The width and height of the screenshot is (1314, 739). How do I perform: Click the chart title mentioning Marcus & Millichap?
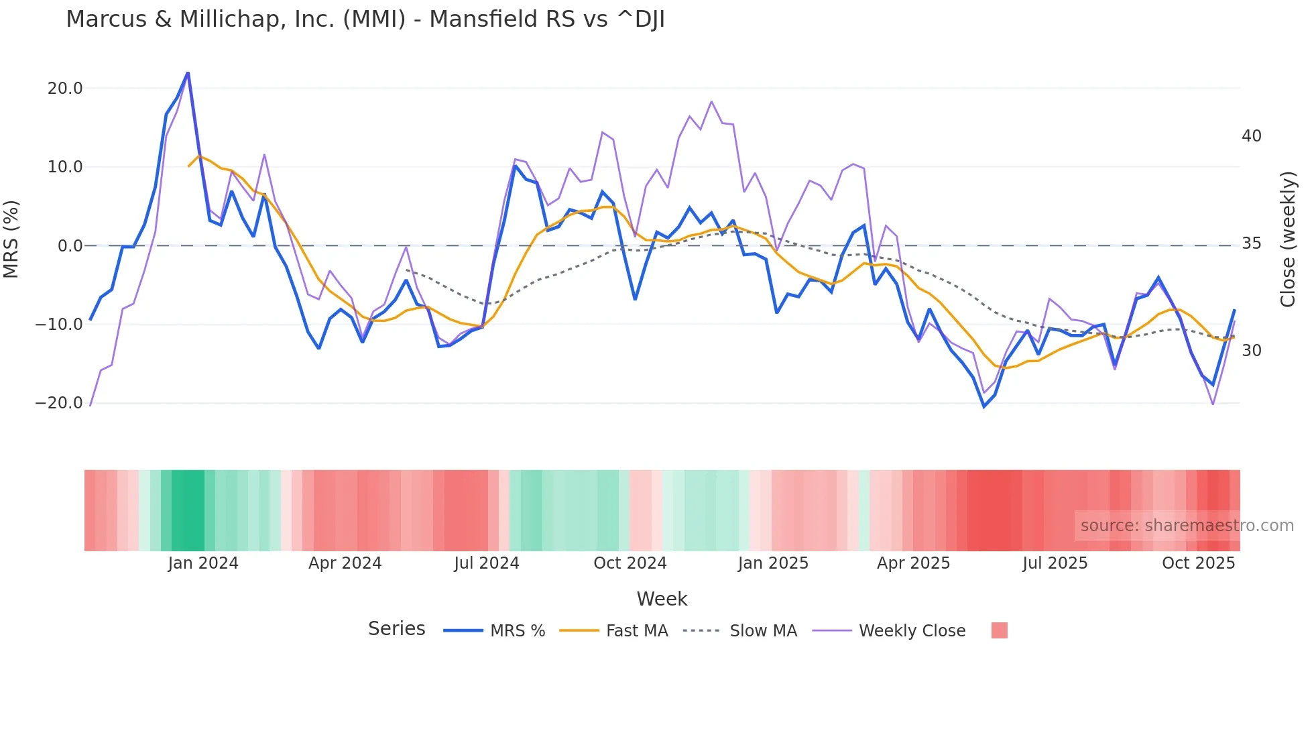(365, 19)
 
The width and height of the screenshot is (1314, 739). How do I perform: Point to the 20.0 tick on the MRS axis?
(65, 89)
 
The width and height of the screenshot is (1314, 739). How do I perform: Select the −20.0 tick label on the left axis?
(59, 403)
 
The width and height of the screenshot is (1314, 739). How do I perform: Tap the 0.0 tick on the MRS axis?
(70, 246)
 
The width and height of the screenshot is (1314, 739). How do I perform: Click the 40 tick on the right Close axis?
(1251, 136)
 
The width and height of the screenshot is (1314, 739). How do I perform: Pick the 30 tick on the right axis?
(1251, 351)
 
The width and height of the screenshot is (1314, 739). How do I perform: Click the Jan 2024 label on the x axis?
(203, 563)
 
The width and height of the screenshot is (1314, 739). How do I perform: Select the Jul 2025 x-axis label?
(1055, 563)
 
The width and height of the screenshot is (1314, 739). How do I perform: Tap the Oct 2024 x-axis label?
(630, 563)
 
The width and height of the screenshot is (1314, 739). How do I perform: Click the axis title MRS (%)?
(11, 239)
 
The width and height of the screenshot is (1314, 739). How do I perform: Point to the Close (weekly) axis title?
(1287, 239)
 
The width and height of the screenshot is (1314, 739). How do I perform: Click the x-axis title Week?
(662, 599)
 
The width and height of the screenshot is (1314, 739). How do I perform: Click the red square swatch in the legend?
(999, 630)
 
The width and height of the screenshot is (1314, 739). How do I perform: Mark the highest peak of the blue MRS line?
(188, 72)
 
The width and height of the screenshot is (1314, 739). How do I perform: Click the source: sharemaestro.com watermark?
(1187, 526)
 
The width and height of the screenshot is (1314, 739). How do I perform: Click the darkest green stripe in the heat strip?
(188, 510)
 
